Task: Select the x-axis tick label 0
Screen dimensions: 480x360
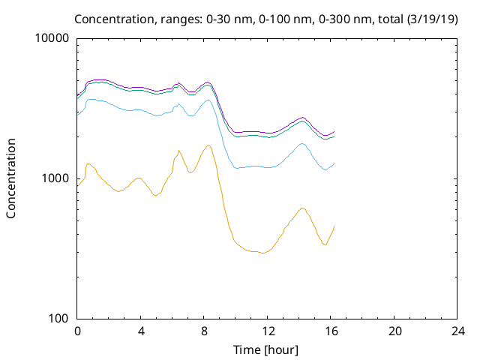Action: pos(77,331)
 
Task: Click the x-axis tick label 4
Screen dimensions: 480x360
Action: pos(141,331)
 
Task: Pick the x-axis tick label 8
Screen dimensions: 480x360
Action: pos(204,331)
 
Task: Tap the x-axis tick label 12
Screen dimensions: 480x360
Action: pos(268,331)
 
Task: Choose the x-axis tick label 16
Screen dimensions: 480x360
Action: pos(331,331)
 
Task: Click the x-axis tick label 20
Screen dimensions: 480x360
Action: pos(394,331)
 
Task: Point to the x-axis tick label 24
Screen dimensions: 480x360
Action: pos(457,331)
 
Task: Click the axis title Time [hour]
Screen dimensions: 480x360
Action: pos(265,350)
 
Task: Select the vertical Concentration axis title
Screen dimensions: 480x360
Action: pos(10,178)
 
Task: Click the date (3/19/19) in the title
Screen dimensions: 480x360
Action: pos(432,19)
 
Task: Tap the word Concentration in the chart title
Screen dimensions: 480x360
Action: pos(114,19)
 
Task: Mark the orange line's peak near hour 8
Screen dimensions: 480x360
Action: pos(208,145)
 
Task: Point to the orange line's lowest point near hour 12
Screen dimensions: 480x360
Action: pos(262,253)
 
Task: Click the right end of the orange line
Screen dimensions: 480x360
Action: pos(334,226)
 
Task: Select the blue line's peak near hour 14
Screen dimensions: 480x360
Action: pos(302,143)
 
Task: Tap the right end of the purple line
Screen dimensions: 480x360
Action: pos(334,131)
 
